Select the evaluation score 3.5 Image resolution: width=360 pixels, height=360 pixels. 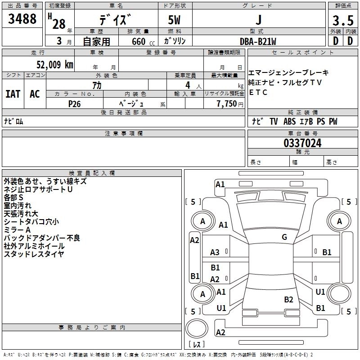[x=342, y=21]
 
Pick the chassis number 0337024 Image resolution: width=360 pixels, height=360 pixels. [x=303, y=144]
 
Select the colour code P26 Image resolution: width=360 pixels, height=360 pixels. [x=75, y=103]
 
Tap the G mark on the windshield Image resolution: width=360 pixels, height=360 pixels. [x=284, y=237]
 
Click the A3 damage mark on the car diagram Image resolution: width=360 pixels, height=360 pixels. [x=215, y=252]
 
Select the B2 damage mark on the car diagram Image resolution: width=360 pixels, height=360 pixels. [x=288, y=300]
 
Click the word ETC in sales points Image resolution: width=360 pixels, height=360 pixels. [x=258, y=93]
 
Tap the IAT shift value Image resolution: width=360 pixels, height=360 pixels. [x=13, y=94]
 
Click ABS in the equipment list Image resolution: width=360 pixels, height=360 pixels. [x=289, y=121]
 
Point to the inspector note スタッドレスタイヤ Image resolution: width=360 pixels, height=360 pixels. [x=34, y=254]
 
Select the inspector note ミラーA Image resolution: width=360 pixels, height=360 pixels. [x=18, y=230]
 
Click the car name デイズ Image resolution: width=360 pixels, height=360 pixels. [x=116, y=21]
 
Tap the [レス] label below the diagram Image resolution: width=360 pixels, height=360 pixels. [x=197, y=345]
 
